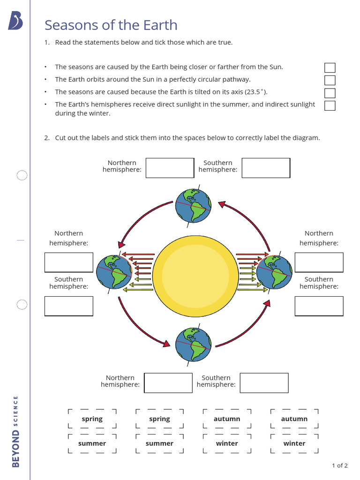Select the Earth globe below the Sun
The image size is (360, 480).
coord(193,345)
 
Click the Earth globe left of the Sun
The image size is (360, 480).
coord(114,272)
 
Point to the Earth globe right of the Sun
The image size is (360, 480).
coord(274,272)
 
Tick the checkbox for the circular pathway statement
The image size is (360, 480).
coord(330,80)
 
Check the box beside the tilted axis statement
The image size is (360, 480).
coord(330,93)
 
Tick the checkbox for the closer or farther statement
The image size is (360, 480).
coord(330,67)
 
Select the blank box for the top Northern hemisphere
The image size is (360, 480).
coord(170,168)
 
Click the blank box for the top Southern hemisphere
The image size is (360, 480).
coord(266,168)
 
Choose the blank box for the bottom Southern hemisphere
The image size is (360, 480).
coord(264,382)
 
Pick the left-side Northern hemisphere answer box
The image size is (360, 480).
coord(69,262)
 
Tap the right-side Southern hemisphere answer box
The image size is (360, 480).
coord(319,306)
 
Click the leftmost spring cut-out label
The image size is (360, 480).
coord(92,419)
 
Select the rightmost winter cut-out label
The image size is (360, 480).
coord(294,443)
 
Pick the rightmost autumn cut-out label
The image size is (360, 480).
coord(294,419)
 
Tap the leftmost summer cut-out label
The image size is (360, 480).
coord(92,443)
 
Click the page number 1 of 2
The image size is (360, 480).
coord(339,465)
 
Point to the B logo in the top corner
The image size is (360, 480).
coord(15,21)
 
